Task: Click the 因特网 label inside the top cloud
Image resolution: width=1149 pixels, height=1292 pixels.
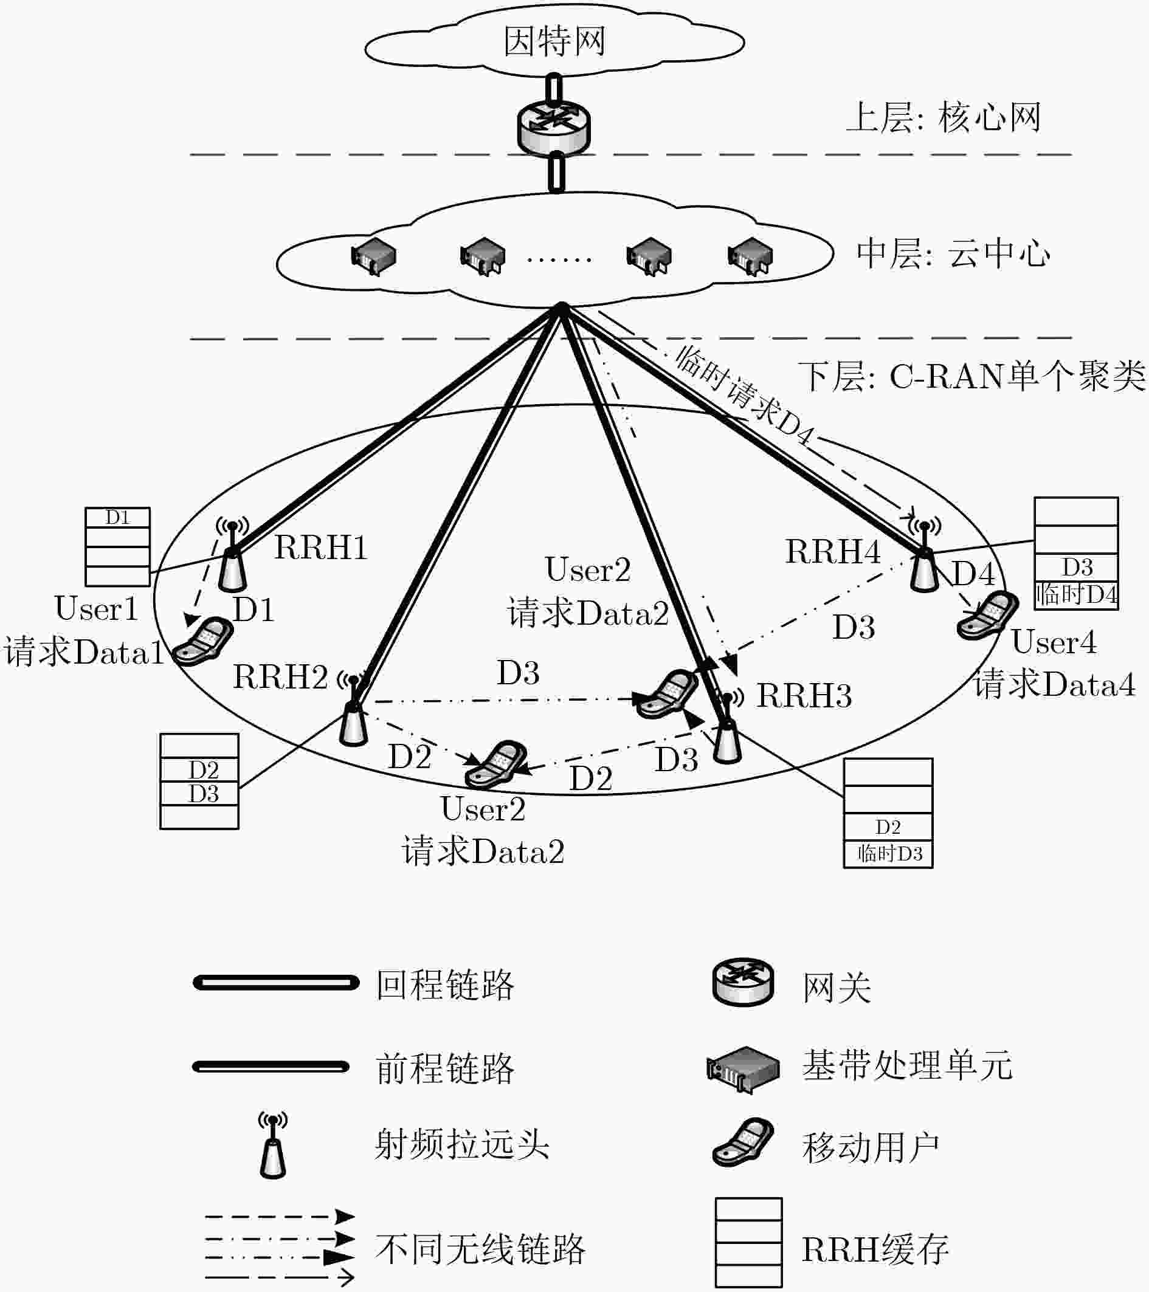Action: (554, 42)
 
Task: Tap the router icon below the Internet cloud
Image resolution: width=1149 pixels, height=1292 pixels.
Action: (553, 126)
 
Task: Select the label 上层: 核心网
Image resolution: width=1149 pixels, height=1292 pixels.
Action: (943, 117)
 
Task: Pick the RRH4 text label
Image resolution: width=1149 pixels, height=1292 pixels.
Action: (832, 552)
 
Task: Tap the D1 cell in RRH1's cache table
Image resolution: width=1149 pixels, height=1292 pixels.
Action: (117, 518)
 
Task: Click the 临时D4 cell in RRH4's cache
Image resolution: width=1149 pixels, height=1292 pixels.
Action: (1076, 595)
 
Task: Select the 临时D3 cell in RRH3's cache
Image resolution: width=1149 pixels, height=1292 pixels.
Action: (888, 854)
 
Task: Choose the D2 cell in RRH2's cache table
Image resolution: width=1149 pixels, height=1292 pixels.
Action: (203, 770)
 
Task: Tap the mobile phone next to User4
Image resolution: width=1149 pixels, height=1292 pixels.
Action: (987, 615)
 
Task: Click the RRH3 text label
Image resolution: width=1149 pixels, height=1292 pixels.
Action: (804, 696)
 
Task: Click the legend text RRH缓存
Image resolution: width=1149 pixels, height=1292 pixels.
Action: (875, 1249)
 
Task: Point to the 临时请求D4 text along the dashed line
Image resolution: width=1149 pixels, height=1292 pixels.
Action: (743, 396)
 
